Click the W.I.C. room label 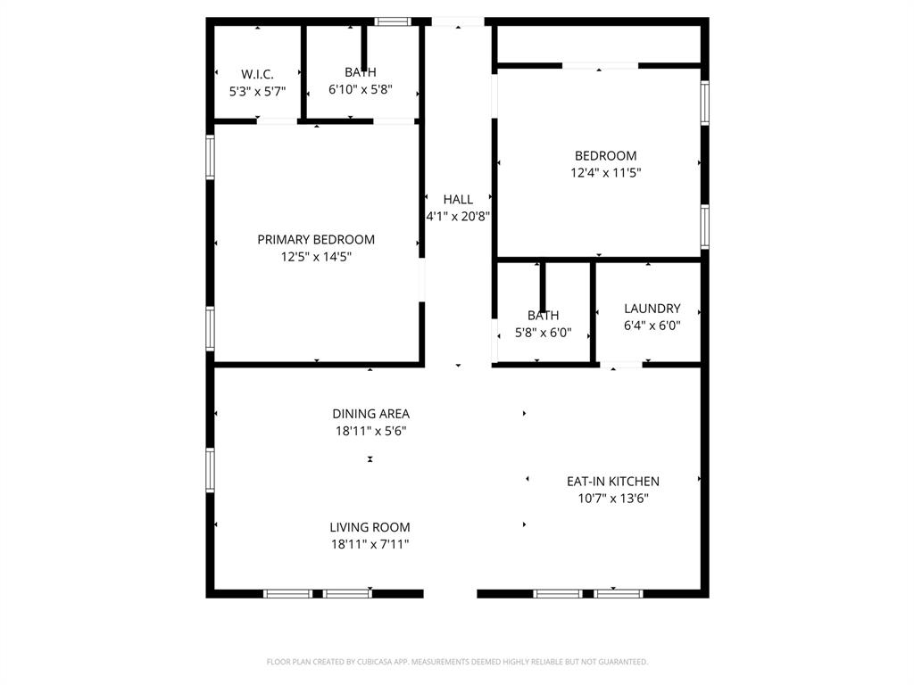point(257,74)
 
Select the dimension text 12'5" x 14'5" point(316,257)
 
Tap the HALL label point(458,199)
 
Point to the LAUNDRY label point(652,309)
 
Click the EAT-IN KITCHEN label point(612,481)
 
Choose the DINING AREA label point(370,413)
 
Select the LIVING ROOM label point(370,526)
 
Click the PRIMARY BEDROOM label point(316,239)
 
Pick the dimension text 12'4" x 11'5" point(605,173)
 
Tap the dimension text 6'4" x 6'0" point(652,326)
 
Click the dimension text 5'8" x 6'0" point(543,334)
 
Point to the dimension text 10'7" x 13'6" point(612,499)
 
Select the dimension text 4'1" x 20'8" point(458,216)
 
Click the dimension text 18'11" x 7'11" point(370,544)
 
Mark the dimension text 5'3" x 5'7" point(257,91)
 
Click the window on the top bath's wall point(390,21)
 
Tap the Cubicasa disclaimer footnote point(457,662)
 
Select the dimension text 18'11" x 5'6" point(370,431)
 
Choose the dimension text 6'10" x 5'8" point(361,89)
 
